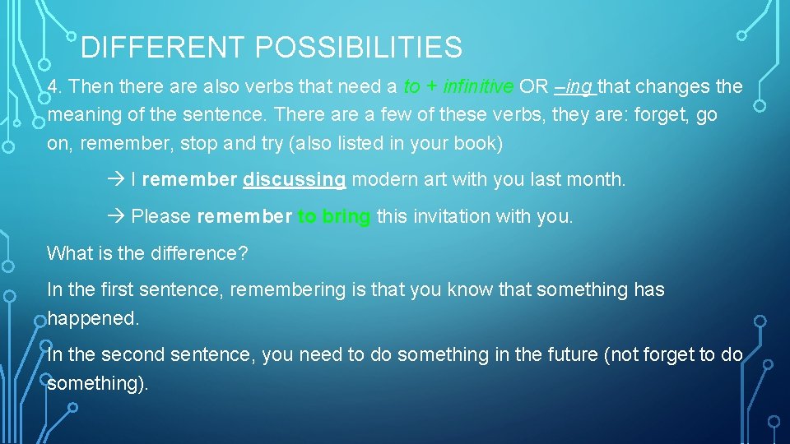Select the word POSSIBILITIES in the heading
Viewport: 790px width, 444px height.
pyautogui.click(x=359, y=49)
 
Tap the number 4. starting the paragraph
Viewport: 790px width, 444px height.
pyautogui.click(x=55, y=87)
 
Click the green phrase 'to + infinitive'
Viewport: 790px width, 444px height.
pyautogui.click(x=458, y=87)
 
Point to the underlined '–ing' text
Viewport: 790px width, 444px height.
pyautogui.click(x=575, y=87)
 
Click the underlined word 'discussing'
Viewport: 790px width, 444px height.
pyautogui.click(x=294, y=179)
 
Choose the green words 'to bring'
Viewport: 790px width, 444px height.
pyautogui.click(x=334, y=217)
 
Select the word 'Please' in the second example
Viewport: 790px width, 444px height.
pyautogui.click(x=161, y=217)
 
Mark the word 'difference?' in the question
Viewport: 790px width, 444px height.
pyautogui.click(x=198, y=253)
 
